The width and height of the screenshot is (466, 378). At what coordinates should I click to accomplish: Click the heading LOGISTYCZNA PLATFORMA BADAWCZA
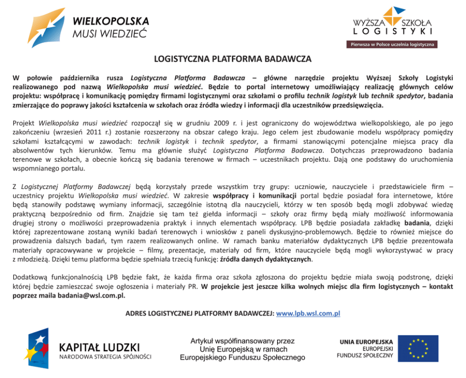click(233, 60)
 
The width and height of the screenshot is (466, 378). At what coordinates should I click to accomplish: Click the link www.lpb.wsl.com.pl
click(308, 313)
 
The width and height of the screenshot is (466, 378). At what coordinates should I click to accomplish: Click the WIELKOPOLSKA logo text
click(111, 22)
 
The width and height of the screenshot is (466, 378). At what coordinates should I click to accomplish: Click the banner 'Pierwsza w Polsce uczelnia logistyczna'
click(392, 45)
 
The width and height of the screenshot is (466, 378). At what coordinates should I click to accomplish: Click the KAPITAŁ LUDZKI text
click(99, 347)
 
